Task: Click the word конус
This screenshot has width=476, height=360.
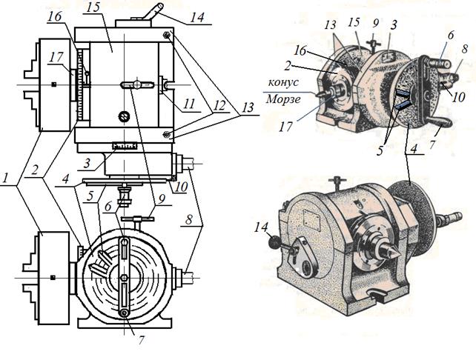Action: pyautogui.click(x=283, y=82)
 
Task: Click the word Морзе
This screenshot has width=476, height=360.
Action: pyautogui.click(x=283, y=99)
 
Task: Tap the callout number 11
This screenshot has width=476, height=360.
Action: pyautogui.click(x=189, y=104)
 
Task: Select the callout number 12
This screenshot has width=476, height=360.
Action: pyautogui.click(x=219, y=105)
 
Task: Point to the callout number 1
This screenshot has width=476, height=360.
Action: pyautogui.click(x=4, y=178)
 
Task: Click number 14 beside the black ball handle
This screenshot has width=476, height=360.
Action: pyautogui.click(x=262, y=227)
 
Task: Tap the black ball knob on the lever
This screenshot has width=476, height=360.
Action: pyautogui.click(x=275, y=243)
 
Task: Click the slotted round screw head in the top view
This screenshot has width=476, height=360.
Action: pyautogui.click(x=124, y=116)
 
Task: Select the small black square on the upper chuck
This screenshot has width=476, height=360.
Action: pyautogui.click(x=53, y=84)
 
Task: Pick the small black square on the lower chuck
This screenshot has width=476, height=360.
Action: pyautogui.click(x=53, y=277)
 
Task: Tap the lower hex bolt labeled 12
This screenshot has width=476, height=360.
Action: pyautogui.click(x=166, y=134)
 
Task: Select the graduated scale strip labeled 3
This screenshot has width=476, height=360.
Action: pyautogui.click(x=125, y=146)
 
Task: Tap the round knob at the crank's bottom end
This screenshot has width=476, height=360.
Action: pyautogui.click(x=124, y=313)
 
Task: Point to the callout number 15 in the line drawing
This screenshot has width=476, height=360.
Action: pyautogui.click(x=93, y=7)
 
